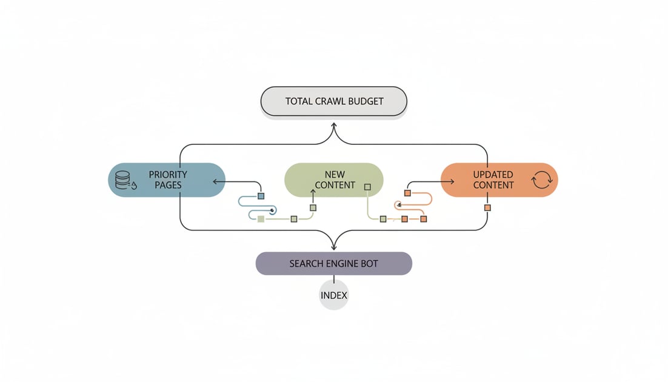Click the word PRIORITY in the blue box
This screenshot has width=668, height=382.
[168, 175]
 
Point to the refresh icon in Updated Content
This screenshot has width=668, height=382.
[541, 180]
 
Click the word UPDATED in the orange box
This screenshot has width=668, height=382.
[493, 175]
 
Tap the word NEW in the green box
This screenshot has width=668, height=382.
[335, 175]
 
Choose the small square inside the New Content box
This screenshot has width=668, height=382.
[367, 187]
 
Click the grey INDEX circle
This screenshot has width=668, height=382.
[334, 295]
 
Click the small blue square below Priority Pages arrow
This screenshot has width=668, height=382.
[261, 196]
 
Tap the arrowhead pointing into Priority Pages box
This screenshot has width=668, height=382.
[215, 181]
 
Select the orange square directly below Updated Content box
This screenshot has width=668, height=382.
[487, 207]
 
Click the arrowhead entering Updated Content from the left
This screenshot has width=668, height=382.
[453, 181]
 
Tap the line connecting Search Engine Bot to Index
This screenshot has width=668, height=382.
[334, 279]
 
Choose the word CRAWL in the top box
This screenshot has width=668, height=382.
[331, 101]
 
